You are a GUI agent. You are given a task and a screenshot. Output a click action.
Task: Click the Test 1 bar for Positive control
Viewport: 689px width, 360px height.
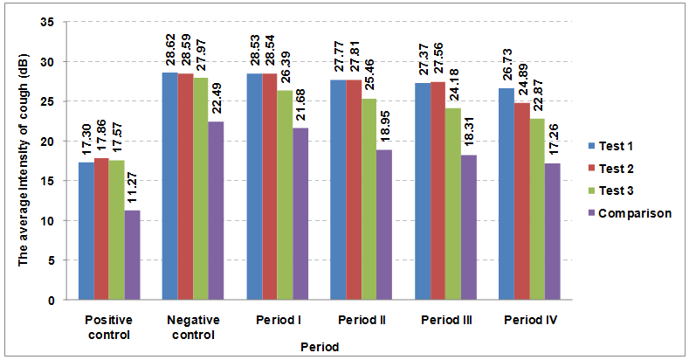[86, 232]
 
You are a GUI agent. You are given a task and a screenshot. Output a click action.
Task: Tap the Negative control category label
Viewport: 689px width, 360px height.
[193, 327]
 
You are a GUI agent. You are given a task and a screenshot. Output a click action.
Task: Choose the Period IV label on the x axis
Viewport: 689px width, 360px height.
[530, 321]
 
